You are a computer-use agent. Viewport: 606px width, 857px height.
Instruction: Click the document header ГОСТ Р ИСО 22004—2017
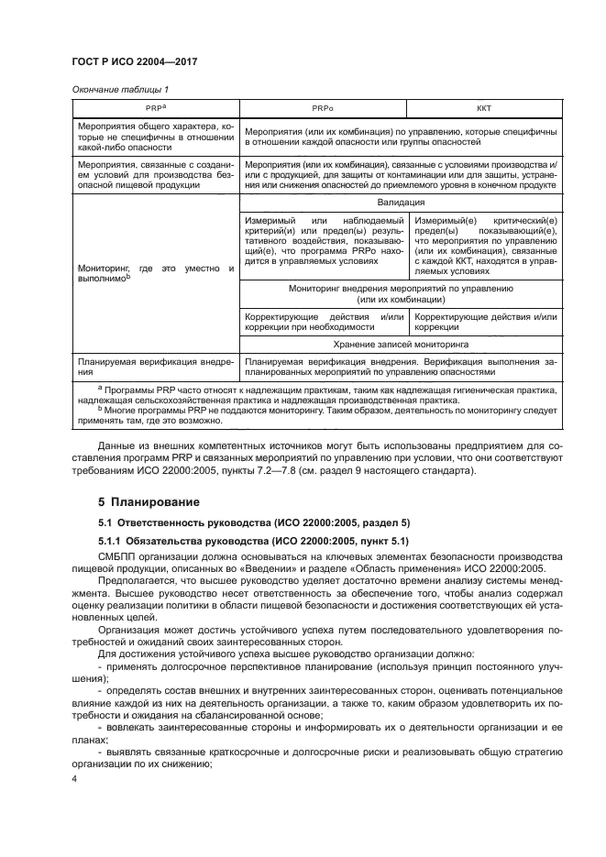click(x=136, y=61)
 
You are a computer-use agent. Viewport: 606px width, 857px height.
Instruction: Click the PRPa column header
click(x=155, y=108)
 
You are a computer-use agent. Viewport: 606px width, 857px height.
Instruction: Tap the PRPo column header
click(x=322, y=108)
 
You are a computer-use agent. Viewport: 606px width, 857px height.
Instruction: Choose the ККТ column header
click(x=483, y=108)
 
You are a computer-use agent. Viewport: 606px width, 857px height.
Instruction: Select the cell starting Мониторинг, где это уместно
click(x=155, y=272)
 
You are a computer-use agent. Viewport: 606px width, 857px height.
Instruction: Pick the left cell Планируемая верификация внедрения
click(x=155, y=368)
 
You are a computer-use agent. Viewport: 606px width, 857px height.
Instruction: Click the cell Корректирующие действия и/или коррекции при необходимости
click(x=322, y=322)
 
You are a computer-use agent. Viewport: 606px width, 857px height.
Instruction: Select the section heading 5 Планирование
click(x=151, y=502)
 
